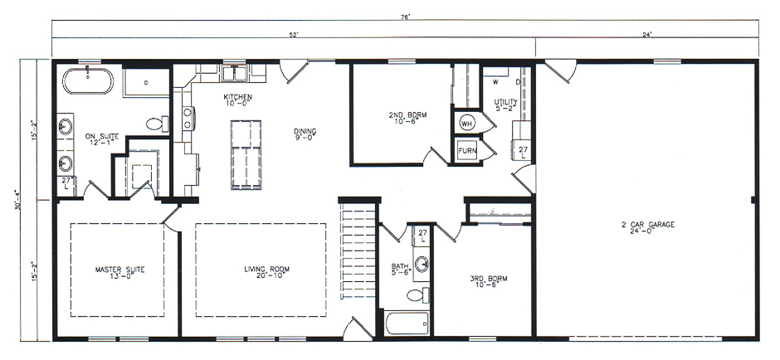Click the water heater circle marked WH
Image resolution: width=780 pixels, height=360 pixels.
point(466,123)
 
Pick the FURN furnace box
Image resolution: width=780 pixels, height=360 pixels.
point(466,152)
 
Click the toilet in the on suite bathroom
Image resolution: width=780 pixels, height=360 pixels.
point(155,124)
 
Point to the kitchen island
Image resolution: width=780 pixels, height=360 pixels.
point(246,154)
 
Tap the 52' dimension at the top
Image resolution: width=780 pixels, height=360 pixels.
point(294,34)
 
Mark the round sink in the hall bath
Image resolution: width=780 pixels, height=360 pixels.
point(422,265)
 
